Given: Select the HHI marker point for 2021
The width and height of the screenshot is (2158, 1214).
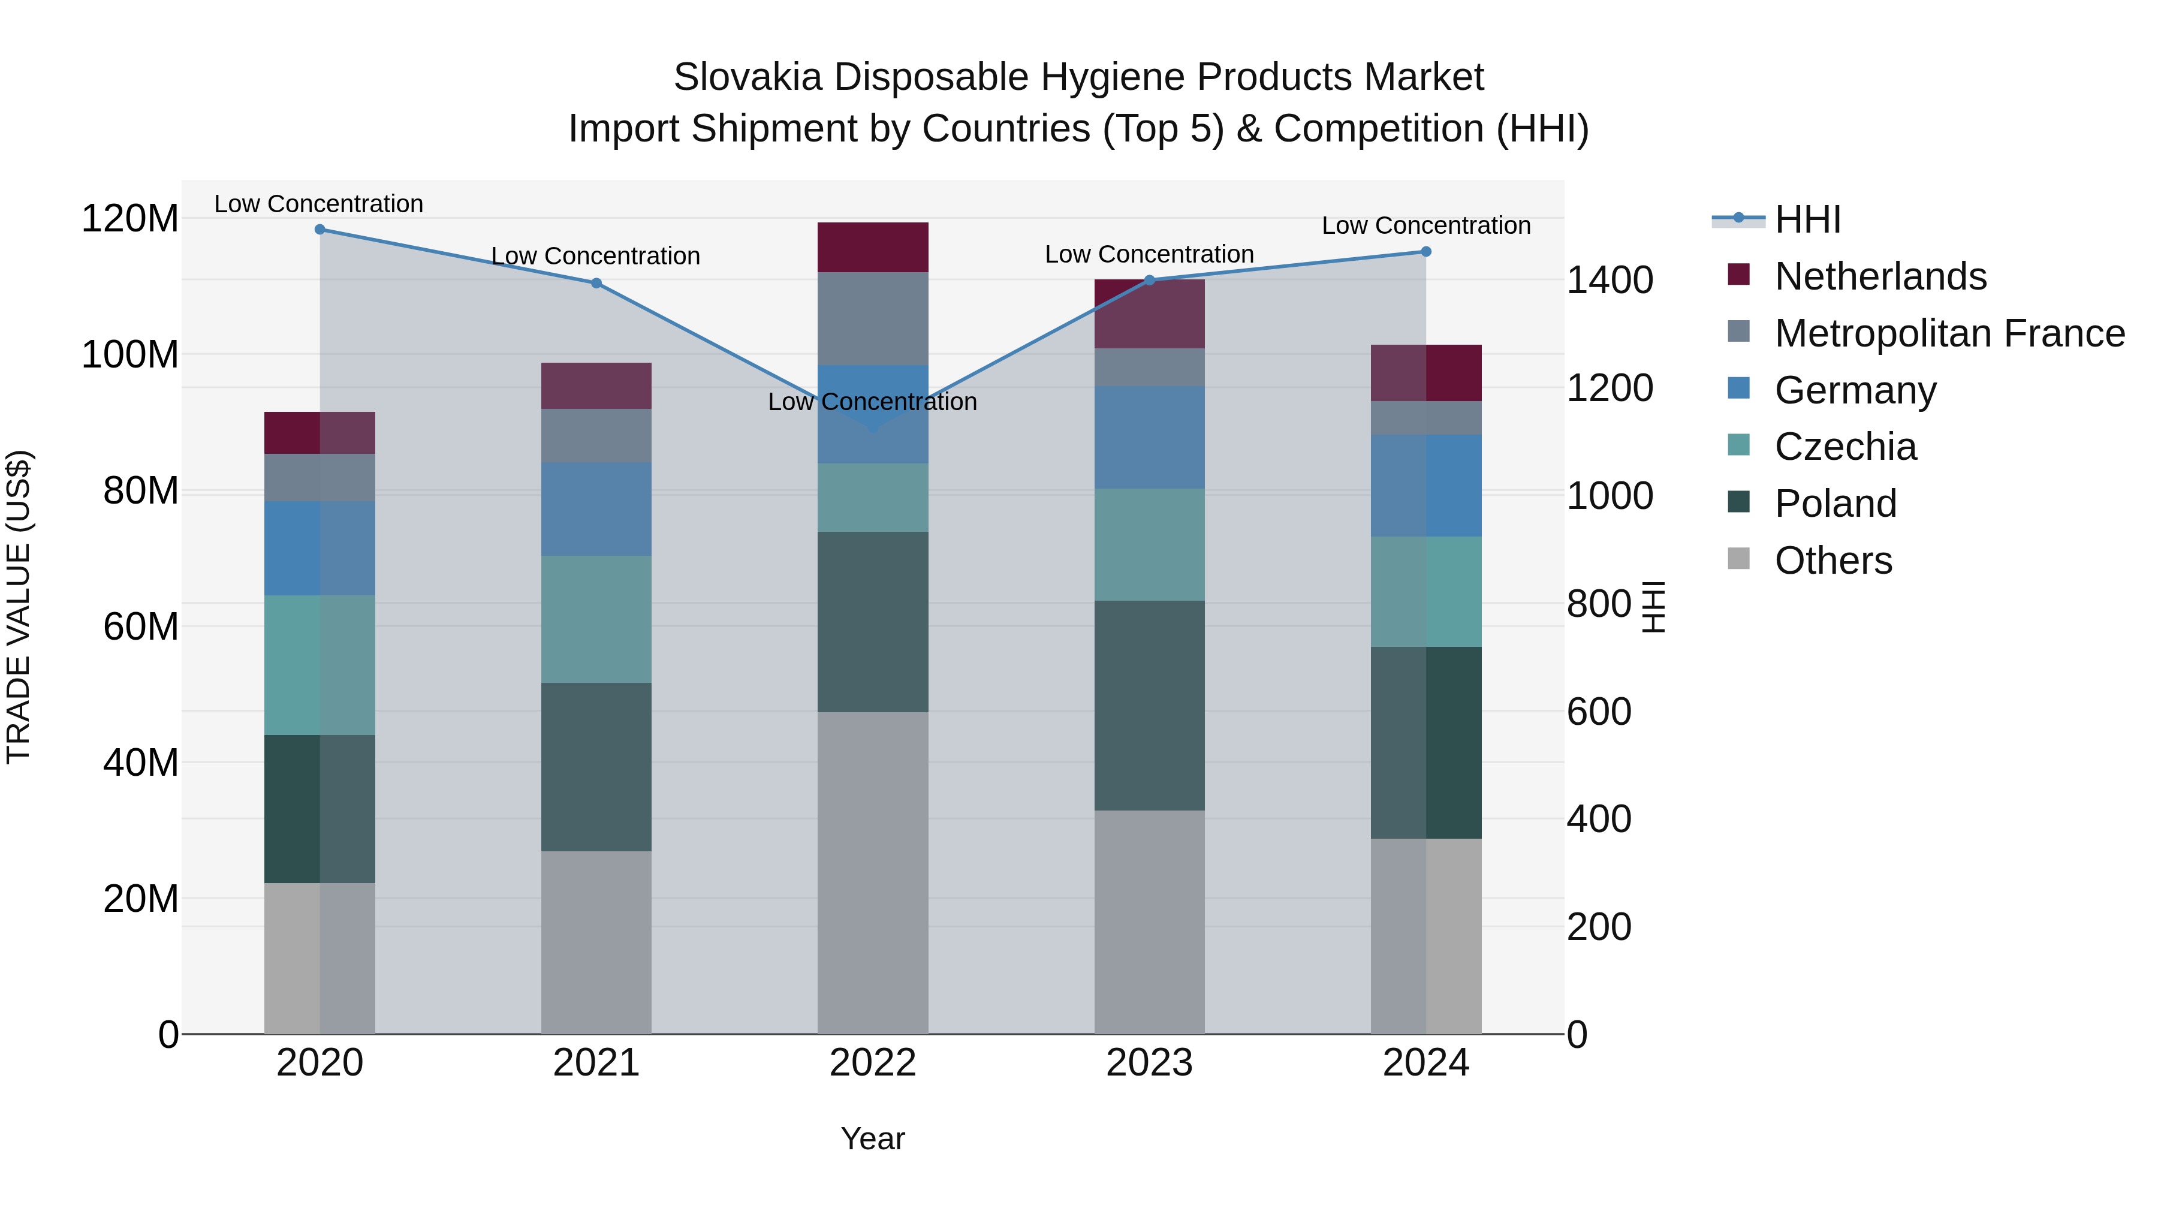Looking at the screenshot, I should (596, 283).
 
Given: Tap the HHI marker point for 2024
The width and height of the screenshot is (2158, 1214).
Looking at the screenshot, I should (1426, 251).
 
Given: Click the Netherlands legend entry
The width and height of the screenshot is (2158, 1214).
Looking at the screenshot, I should (1879, 276).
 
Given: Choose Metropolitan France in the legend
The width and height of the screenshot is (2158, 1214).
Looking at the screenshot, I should (1949, 333).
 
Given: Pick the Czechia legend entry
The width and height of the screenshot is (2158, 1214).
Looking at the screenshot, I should (1844, 447).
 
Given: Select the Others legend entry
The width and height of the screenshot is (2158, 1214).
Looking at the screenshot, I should (1833, 561).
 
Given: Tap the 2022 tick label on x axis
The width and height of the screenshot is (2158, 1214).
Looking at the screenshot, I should (872, 1063).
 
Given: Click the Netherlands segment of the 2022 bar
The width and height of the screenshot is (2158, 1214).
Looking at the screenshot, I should (872, 247).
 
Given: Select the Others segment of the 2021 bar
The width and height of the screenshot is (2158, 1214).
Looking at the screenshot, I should (596, 942).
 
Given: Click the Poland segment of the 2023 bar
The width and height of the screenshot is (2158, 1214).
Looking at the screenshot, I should (1149, 706).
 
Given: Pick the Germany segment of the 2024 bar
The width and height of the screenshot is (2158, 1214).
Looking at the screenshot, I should (1426, 486).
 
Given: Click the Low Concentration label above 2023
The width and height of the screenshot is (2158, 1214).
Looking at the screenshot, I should (1149, 255).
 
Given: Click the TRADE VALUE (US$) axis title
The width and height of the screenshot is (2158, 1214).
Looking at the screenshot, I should (19, 607).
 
